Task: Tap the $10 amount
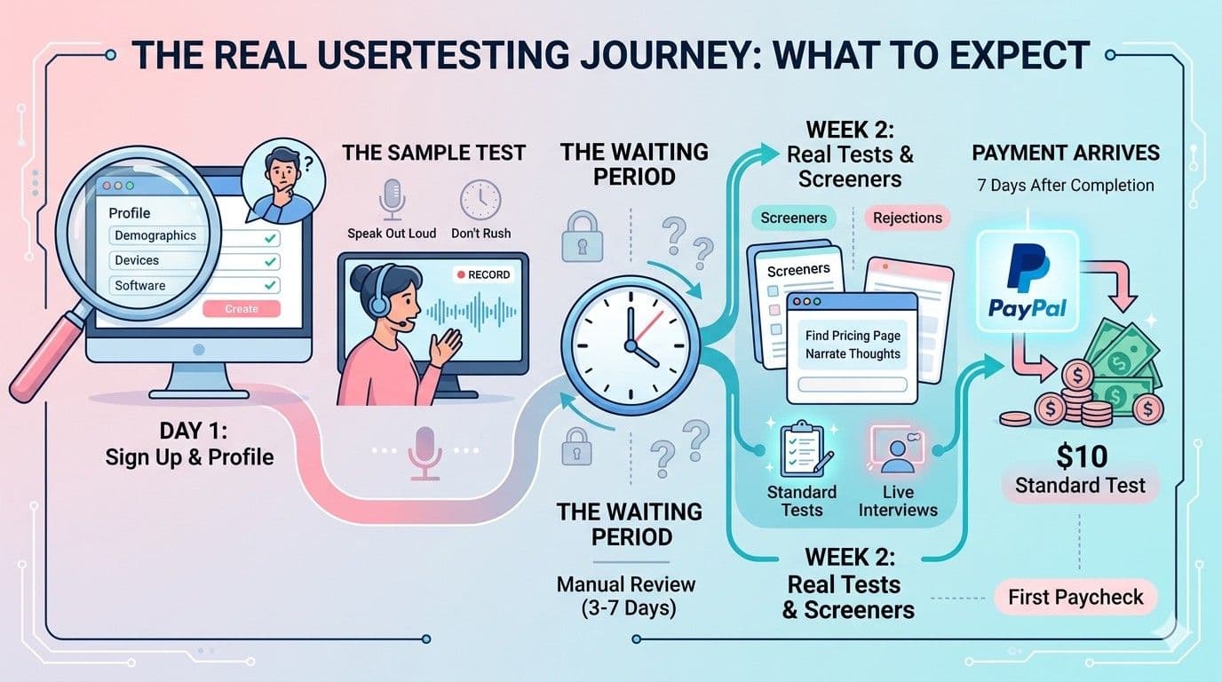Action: click(1082, 456)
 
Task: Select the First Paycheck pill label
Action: click(1075, 597)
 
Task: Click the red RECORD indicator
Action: click(482, 274)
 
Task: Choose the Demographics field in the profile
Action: click(155, 235)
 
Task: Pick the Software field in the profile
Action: click(140, 285)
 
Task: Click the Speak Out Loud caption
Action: click(392, 234)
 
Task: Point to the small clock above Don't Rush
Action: click(480, 199)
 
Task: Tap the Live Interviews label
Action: click(898, 501)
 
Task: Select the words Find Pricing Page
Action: click(853, 336)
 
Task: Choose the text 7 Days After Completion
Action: click(1066, 186)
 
